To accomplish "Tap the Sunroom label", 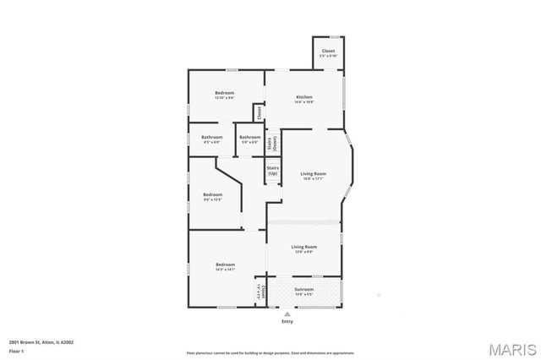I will pyautogui.click(x=303, y=290).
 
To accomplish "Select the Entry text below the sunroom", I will pyautogui.click(x=287, y=321).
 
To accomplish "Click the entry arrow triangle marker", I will pyautogui.click(x=287, y=314).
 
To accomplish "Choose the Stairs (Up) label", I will pyautogui.click(x=273, y=170).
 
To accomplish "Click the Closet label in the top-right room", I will pyautogui.click(x=328, y=52).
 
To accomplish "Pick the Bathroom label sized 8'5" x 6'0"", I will pyautogui.click(x=211, y=138).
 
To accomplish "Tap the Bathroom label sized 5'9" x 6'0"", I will pyautogui.click(x=249, y=138).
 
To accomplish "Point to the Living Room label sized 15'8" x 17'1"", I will pyautogui.click(x=313, y=174).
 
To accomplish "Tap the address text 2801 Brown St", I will pyautogui.click(x=41, y=342).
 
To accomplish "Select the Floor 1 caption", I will pyautogui.click(x=17, y=350).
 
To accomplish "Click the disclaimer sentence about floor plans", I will pyautogui.click(x=270, y=352).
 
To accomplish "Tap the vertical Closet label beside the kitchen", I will pyautogui.click(x=260, y=112).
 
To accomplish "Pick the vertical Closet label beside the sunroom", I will pyautogui.click(x=263, y=292).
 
